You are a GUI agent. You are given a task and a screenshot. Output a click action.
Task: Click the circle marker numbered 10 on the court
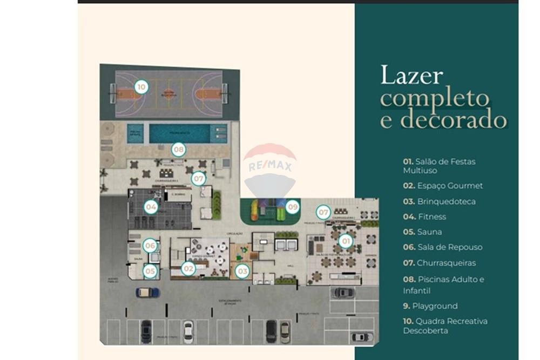[x=141, y=86]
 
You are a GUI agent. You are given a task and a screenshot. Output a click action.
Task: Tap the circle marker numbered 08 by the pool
[x=179, y=150]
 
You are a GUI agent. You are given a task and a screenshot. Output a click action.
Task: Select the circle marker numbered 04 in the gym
[x=151, y=206]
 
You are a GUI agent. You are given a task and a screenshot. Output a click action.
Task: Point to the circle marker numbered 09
[x=292, y=206]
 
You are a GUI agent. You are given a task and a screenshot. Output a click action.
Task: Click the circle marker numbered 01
[x=346, y=241]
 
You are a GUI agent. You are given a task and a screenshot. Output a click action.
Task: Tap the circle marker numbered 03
[x=242, y=271]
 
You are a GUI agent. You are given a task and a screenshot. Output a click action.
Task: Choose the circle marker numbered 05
[x=150, y=271]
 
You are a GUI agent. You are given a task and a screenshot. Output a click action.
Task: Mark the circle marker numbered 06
[x=150, y=246]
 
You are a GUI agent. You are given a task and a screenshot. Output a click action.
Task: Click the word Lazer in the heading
[x=411, y=75]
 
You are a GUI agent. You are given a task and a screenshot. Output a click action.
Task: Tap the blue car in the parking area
[x=147, y=293]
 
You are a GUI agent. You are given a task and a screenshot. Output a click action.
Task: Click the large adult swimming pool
[x=179, y=133]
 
